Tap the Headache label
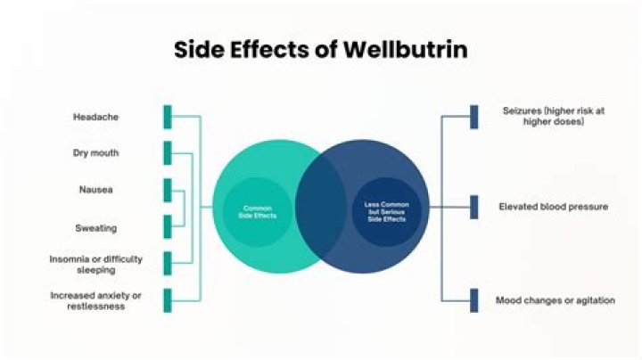[x=95, y=117]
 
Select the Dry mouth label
[x=95, y=153]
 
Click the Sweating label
[x=95, y=228]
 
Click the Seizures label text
[x=543, y=116]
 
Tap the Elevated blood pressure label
[x=554, y=207]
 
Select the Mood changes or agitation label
[x=555, y=300]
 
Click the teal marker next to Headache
[x=167, y=117]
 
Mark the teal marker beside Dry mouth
[x=167, y=153]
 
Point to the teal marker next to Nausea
[x=167, y=190]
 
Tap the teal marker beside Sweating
[x=167, y=227]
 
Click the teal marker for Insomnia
[x=167, y=264]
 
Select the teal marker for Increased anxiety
[x=167, y=300]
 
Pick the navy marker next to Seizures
[x=473, y=117]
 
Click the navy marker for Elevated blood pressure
[x=473, y=207]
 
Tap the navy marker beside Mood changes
[x=473, y=300]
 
